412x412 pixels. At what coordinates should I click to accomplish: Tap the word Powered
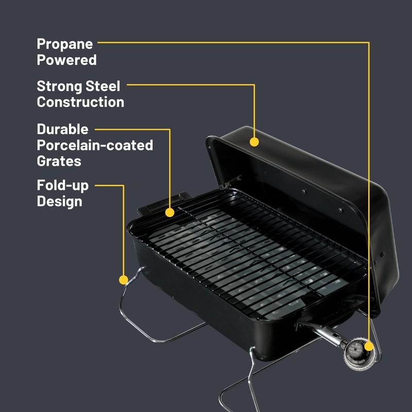pyautogui.click(x=66, y=60)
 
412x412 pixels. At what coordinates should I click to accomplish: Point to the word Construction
pyautogui.click(x=80, y=102)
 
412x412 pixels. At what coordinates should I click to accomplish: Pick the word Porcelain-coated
pyautogui.click(x=95, y=146)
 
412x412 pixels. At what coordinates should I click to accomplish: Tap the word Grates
pyautogui.click(x=59, y=161)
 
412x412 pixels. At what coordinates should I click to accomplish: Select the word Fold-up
pyautogui.click(x=63, y=185)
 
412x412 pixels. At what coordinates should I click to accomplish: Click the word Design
pyautogui.click(x=59, y=201)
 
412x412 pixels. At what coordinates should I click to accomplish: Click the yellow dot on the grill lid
pyautogui.click(x=254, y=141)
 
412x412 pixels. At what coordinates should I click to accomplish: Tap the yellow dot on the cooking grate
pyautogui.click(x=169, y=212)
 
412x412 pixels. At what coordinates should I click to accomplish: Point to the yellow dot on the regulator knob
pyautogui.click(x=369, y=347)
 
